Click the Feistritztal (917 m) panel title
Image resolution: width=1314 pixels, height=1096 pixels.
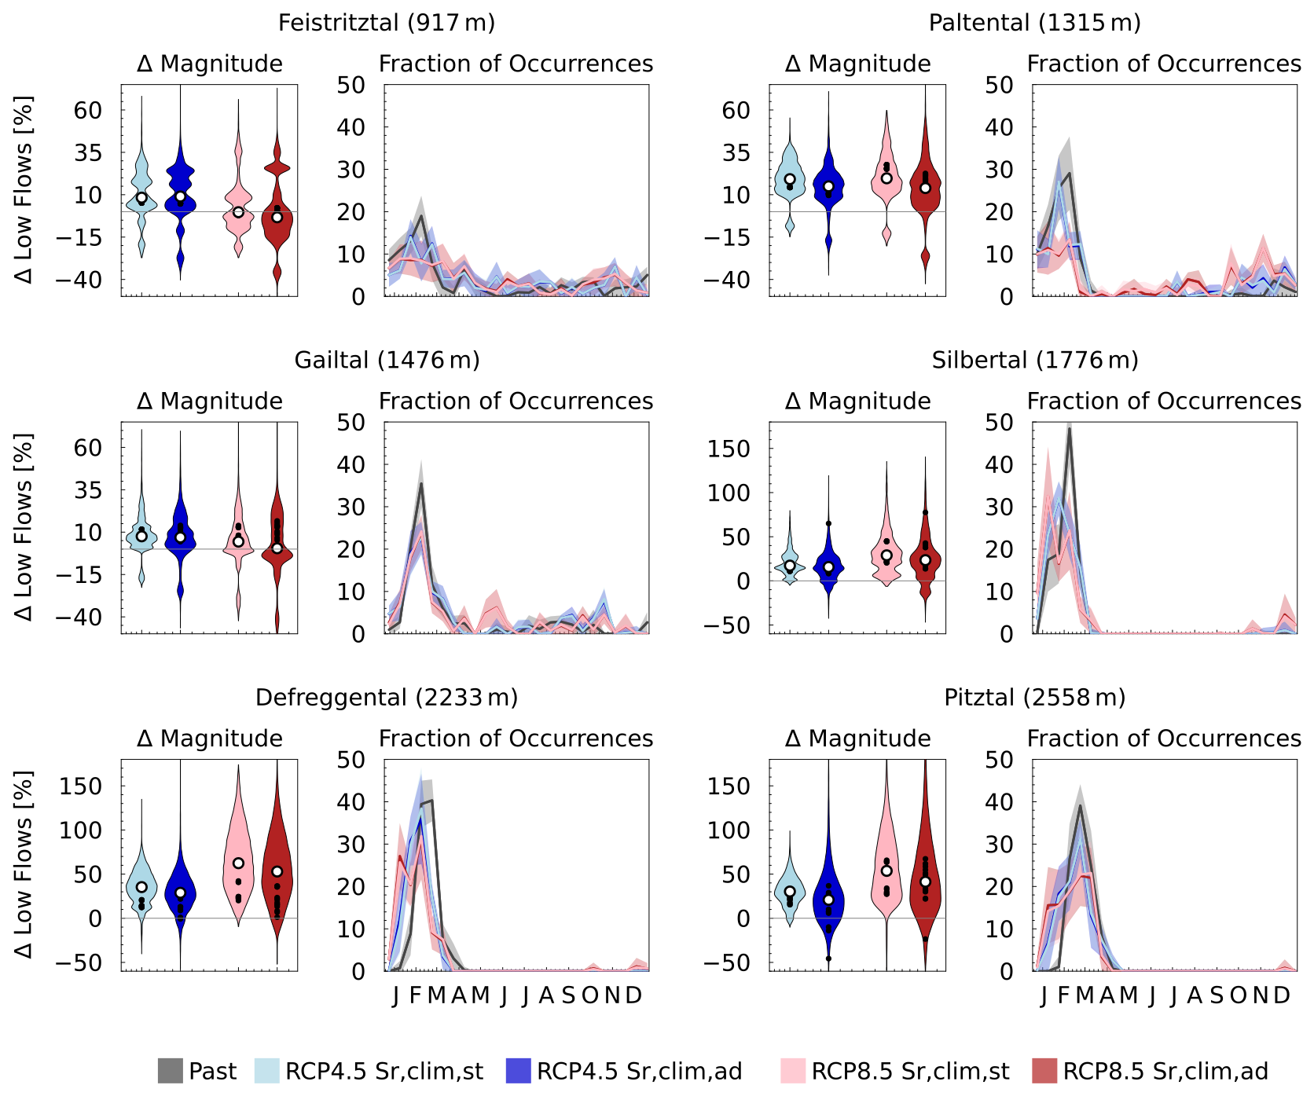point(387,22)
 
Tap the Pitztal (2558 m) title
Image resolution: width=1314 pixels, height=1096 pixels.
point(1034,697)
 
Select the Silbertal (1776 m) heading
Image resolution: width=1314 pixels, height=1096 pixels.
point(1034,360)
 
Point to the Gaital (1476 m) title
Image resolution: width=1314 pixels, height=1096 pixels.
point(387,360)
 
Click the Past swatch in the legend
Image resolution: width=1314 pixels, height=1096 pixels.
point(170,1071)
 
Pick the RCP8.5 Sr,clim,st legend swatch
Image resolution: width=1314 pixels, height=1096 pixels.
point(793,1071)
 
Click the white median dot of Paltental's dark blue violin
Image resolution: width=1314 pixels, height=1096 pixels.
point(828,186)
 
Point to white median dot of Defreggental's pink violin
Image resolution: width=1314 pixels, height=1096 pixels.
point(238,863)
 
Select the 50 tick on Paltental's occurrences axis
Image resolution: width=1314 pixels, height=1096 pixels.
point(999,85)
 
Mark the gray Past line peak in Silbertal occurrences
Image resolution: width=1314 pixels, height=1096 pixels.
point(1069,429)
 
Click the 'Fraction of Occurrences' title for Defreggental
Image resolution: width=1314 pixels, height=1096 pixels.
point(516,739)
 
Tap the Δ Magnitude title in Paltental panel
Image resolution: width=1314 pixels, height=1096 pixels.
point(857,64)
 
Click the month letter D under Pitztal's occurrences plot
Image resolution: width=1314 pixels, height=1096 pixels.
point(1282,995)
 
